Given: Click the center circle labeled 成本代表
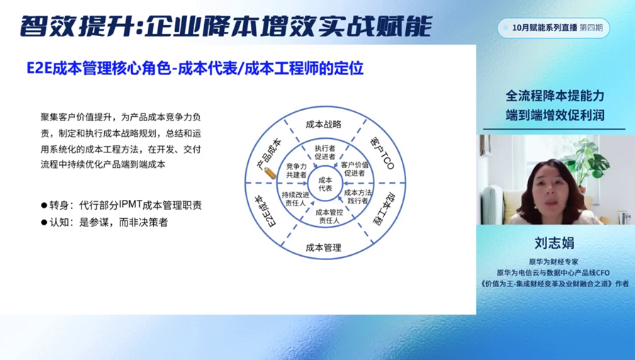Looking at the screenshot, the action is (x=325, y=184).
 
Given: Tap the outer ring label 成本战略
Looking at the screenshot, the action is (x=324, y=124).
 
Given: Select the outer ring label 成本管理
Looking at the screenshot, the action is (x=324, y=247).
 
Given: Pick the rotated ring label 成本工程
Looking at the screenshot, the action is (x=383, y=209).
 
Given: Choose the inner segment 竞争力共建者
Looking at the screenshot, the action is (x=296, y=171).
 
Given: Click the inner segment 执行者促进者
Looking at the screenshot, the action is (x=325, y=152).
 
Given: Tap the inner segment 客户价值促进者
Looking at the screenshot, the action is (x=355, y=169).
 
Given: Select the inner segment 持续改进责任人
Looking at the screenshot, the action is (x=296, y=198).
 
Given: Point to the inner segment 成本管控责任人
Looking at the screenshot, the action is (x=330, y=216).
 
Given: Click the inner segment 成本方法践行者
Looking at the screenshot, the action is (x=358, y=196).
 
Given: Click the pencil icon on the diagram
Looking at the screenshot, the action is (x=270, y=173).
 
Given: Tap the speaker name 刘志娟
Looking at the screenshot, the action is (x=554, y=243).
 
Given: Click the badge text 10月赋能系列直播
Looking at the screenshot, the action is (x=544, y=28).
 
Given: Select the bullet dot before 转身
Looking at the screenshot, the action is (x=44, y=206).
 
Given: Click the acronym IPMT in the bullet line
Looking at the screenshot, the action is (x=130, y=205).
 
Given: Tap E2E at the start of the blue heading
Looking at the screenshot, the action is (x=39, y=69).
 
